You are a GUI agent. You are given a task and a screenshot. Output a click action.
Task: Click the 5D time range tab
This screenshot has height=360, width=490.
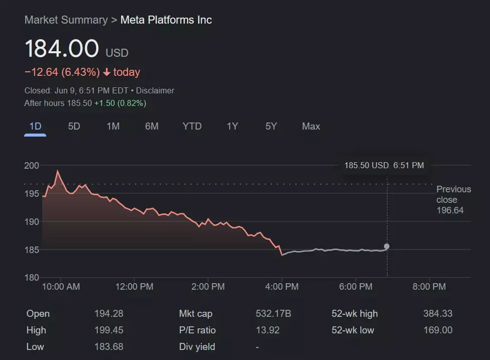pyautogui.click(x=74, y=126)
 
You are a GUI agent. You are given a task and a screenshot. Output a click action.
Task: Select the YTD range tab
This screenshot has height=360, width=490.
pyautogui.click(x=192, y=126)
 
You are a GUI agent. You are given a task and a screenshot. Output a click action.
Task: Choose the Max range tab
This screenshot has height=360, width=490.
pyautogui.click(x=311, y=126)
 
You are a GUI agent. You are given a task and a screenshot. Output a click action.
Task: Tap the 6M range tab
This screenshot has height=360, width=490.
pyautogui.click(x=152, y=126)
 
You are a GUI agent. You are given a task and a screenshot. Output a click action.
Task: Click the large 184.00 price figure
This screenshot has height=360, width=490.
pyautogui.click(x=62, y=49)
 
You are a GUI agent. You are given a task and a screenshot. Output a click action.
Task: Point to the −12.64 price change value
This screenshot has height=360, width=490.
pyautogui.click(x=41, y=72)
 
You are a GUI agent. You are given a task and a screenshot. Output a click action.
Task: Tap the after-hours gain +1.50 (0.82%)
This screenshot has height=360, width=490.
pyautogui.click(x=120, y=103)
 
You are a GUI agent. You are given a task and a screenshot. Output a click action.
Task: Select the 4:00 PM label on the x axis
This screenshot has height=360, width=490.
pyautogui.click(x=282, y=287)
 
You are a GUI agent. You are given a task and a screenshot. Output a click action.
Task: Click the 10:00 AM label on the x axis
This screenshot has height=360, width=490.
pyautogui.click(x=61, y=287)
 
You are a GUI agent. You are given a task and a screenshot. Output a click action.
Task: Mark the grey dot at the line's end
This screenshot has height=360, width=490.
pyautogui.click(x=386, y=246)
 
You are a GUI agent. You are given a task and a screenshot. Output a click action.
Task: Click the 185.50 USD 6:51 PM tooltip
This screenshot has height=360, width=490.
pyautogui.click(x=384, y=165)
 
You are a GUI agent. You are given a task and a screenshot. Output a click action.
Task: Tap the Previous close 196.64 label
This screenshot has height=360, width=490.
pyautogui.click(x=453, y=199)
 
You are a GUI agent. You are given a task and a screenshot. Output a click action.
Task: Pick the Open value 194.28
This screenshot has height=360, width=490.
pyautogui.click(x=109, y=314)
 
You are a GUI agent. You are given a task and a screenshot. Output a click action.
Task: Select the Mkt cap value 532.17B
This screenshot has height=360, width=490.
pyautogui.click(x=273, y=314)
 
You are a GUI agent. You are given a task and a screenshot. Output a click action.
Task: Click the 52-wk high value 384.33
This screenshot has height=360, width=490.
pyautogui.click(x=437, y=314)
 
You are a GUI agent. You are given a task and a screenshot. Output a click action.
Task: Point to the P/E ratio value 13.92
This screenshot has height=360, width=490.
pyautogui.click(x=267, y=330)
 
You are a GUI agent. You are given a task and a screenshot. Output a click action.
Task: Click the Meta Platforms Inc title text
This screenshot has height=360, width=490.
pyautogui.click(x=166, y=20)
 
